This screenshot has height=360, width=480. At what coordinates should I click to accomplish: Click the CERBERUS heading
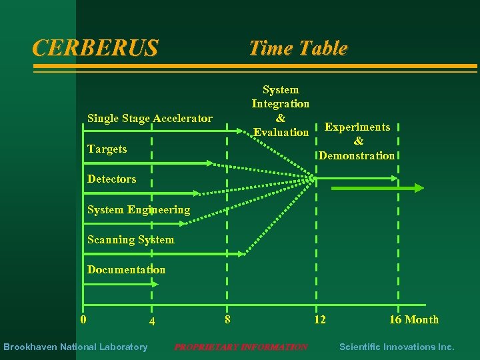(95, 48)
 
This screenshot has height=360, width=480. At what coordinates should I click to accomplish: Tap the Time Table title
(297, 48)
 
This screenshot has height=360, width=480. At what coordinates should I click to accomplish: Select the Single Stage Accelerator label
(150, 119)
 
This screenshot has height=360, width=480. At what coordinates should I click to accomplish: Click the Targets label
(107, 149)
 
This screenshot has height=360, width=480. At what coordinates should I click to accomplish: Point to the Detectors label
(111, 179)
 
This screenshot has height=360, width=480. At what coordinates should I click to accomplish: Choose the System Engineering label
(139, 209)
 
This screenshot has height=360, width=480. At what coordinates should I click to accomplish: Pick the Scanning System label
(131, 239)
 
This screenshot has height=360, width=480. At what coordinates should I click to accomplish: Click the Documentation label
(126, 269)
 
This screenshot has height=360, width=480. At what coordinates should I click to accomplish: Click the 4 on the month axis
(152, 321)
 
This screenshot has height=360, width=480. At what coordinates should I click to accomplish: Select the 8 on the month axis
(227, 319)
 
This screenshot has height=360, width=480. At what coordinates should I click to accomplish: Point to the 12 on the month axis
(320, 319)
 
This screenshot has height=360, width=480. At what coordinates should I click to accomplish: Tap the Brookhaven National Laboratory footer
(75, 347)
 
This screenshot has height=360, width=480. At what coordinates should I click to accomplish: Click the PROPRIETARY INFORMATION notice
(241, 347)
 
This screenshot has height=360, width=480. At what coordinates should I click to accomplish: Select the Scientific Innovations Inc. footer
(397, 347)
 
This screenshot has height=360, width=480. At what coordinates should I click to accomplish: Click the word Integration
(280, 104)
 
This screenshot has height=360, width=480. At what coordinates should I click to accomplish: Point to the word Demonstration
(357, 155)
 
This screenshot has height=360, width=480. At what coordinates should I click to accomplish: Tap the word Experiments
(357, 127)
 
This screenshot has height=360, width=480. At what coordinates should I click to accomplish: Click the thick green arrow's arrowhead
(419, 189)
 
